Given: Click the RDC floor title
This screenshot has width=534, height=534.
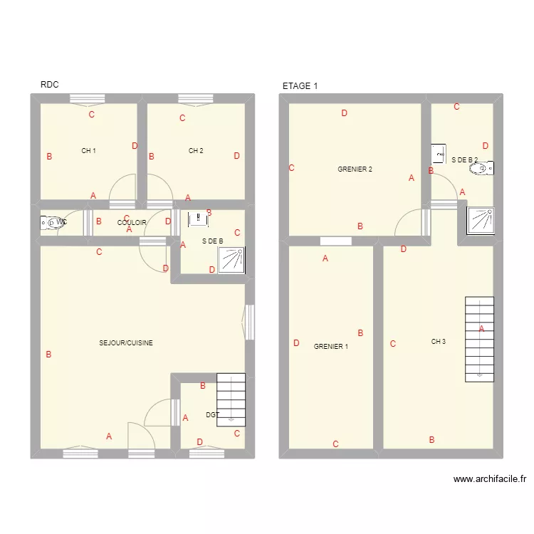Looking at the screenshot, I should (49, 85).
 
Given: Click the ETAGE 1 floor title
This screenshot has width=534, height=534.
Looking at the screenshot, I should (300, 86).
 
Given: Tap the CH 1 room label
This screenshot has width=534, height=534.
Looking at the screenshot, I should (88, 151).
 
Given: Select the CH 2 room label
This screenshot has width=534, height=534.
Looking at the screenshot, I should (196, 151).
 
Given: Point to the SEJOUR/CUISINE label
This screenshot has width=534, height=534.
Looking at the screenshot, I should (126, 343).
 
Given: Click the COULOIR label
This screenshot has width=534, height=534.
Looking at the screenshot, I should (132, 223).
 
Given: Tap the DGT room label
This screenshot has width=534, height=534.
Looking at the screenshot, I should (212, 414).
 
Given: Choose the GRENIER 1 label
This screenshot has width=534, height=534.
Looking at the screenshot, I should (331, 347).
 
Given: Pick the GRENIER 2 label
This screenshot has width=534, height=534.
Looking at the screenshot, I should (355, 169).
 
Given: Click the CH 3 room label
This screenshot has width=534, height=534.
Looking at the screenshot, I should (439, 342).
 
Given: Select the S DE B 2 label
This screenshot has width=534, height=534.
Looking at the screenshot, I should (464, 160).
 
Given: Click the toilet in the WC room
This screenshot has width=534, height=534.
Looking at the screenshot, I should (51, 223).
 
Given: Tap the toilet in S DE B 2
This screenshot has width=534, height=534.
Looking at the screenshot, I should (486, 169).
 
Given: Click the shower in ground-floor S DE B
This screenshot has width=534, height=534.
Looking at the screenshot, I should (231, 260).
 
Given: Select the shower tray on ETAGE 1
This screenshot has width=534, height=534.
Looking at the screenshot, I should (480, 221).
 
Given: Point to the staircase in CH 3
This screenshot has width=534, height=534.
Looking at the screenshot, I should (479, 339).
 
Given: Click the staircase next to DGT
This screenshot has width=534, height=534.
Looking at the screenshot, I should (231, 399).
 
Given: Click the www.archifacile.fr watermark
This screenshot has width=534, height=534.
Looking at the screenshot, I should (489, 480).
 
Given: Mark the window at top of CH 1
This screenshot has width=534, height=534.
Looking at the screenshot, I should (88, 99).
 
